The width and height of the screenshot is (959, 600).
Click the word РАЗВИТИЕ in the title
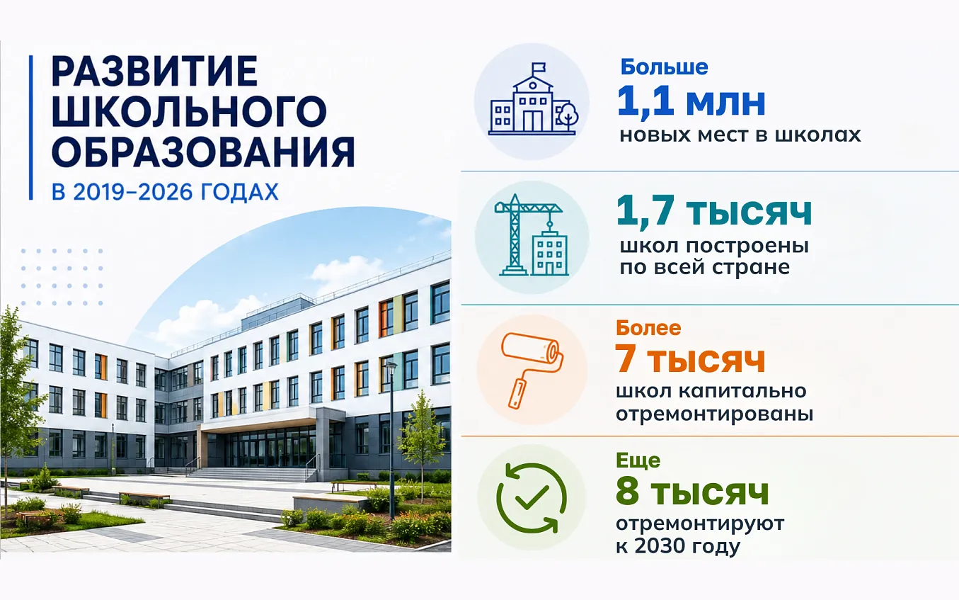(x=154, y=72)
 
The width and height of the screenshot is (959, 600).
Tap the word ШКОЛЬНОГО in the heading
(x=189, y=113)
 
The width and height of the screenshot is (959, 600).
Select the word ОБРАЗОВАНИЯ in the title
(x=203, y=152)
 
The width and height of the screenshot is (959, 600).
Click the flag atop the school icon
(x=539, y=68)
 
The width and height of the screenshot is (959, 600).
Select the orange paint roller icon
(x=532, y=370)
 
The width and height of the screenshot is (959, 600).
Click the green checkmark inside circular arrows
(x=532, y=497)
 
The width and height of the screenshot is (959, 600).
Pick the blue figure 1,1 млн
(x=691, y=101)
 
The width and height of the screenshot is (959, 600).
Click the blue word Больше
(x=664, y=67)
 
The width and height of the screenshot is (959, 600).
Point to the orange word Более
(x=648, y=328)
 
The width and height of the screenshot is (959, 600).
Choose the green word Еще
(x=638, y=460)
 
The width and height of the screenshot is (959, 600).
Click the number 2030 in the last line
(x=662, y=546)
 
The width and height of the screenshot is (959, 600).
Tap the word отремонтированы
(x=715, y=414)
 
